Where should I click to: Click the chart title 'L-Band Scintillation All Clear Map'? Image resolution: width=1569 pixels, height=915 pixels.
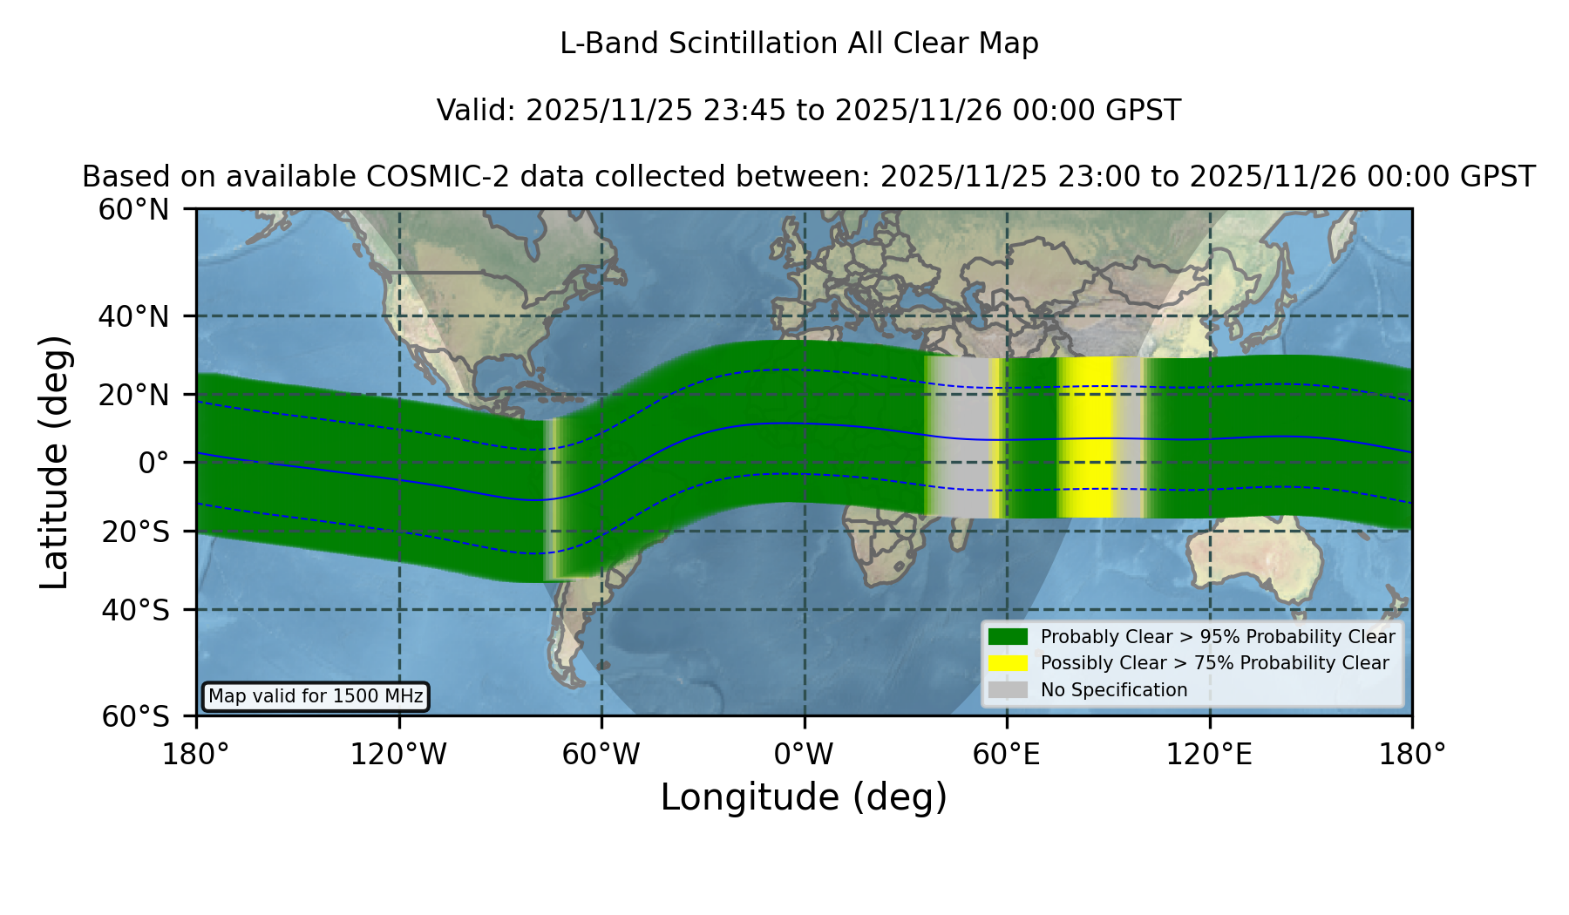click(x=799, y=44)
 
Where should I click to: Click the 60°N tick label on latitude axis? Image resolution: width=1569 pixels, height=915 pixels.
click(x=133, y=210)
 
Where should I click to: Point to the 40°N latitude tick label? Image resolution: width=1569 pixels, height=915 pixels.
click(x=133, y=316)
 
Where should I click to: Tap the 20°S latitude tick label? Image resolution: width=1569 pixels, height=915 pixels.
click(x=135, y=532)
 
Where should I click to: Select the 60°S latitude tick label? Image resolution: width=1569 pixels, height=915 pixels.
click(x=135, y=716)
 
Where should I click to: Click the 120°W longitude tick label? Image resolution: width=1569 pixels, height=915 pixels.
click(x=399, y=755)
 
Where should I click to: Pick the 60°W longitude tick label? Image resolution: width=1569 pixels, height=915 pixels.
click(x=601, y=755)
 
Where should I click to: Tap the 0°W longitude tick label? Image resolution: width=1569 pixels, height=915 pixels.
click(x=805, y=755)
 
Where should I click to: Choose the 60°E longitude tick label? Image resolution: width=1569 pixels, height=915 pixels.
click(x=1007, y=755)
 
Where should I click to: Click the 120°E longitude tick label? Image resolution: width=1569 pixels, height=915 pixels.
click(x=1210, y=755)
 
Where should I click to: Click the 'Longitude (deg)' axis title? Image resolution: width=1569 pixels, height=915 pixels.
click(x=804, y=797)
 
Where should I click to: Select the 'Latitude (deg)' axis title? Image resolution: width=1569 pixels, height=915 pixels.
click(x=55, y=462)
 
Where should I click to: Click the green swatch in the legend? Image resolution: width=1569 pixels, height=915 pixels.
click(x=1008, y=636)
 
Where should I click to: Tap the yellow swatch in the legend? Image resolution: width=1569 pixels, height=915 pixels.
click(x=1008, y=662)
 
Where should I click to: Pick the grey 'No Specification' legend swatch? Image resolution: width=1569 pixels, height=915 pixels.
click(x=1008, y=689)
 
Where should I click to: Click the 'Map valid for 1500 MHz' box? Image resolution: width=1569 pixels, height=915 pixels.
click(x=316, y=696)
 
